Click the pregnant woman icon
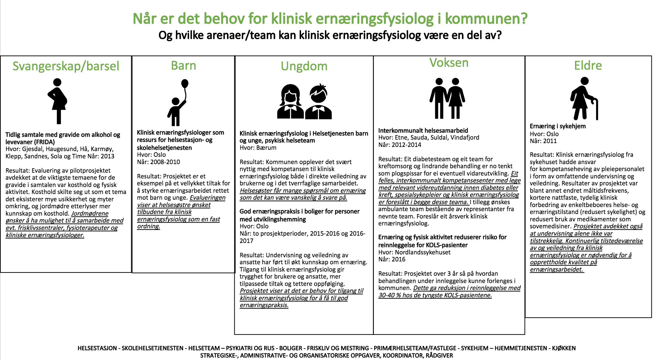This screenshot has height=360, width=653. coord(58,101)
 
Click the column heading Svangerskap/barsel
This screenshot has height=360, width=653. coord(66,66)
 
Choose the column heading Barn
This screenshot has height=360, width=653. coord(183,66)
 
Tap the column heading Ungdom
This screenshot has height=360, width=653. coord(304,66)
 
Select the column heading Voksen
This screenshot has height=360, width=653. coord(449,63)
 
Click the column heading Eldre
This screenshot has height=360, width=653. coord(588,66)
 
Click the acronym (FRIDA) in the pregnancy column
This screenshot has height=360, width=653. coord(44,142)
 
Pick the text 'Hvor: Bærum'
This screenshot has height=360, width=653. coord(258,148)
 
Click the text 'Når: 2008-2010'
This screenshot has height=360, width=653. coord(158,162)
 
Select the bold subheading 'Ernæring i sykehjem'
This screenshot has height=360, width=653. coord(558,126)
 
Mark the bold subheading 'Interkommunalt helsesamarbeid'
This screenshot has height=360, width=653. coord(423,130)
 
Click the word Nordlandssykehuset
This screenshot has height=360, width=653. coord(423,252)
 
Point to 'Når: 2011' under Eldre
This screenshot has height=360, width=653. coord(543,141)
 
